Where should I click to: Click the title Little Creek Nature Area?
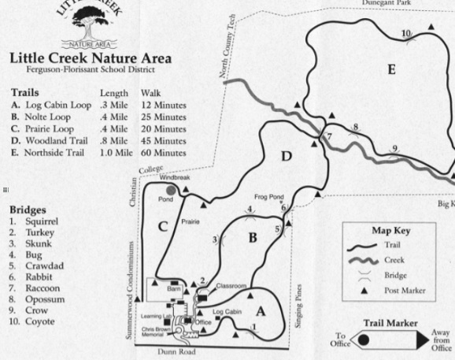pyautogui.click(x=90, y=58)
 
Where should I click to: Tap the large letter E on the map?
pyautogui.click(x=391, y=70)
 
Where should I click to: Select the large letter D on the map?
pyautogui.click(x=287, y=156)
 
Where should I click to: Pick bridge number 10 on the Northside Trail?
pyautogui.click(x=405, y=33)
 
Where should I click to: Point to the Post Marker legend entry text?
pyautogui.click(x=402, y=291)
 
